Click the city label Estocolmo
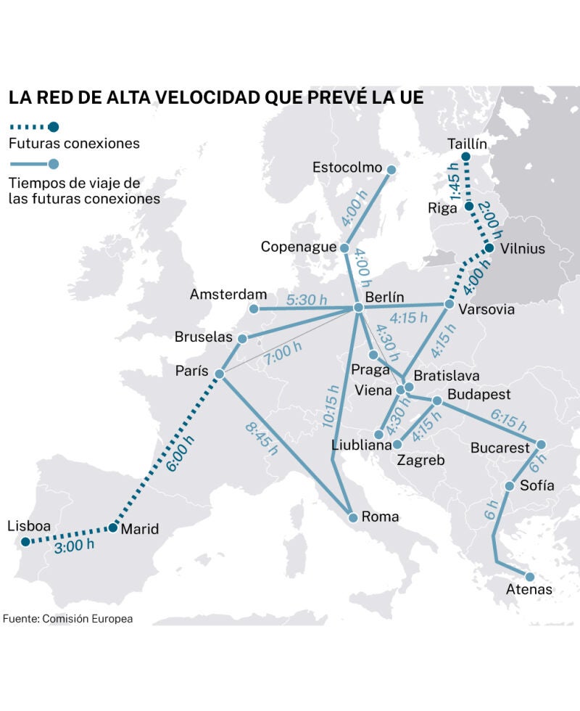click(x=347, y=168)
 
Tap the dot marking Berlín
click(x=357, y=308)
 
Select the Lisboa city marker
click(x=25, y=541)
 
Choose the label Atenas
click(x=529, y=589)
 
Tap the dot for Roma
click(x=353, y=517)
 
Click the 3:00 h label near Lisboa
click(x=74, y=547)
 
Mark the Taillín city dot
click(x=465, y=157)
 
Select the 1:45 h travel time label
click(x=455, y=186)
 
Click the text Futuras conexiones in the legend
click(x=73, y=143)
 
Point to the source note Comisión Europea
click(x=87, y=619)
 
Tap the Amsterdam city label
click(x=228, y=295)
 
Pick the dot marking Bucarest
click(x=540, y=444)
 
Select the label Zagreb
click(x=420, y=460)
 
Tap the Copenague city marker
click(x=345, y=247)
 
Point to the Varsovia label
click(x=486, y=310)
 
